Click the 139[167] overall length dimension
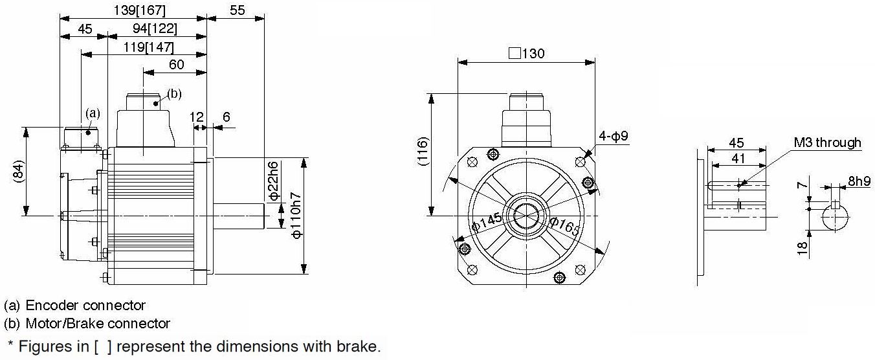coord(139,10)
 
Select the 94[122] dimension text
coord(155,28)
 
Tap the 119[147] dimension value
coord(148,47)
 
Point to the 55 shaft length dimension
coord(237,10)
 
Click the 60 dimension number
coord(176,65)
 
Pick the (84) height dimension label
coord(19,171)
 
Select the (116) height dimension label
coord(423,152)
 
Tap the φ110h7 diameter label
coord(296,216)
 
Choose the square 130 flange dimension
coord(527,53)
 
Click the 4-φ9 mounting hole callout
coord(614,136)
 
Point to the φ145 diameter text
coord(487,223)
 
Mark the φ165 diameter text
coord(565,227)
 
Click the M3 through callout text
coord(827,142)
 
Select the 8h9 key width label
coord(859,181)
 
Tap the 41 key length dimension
coord(738,158)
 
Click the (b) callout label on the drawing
coord(174,94)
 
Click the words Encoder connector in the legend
coord(85,305)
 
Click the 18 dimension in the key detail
coord(802,248)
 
